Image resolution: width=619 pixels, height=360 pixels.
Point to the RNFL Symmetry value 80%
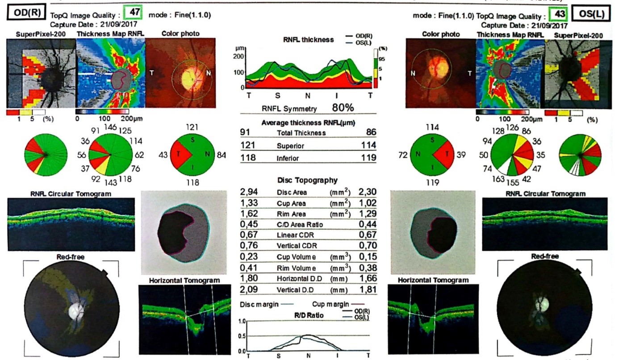coord(343,108)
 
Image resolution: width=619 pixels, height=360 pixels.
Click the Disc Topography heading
coord(307,180)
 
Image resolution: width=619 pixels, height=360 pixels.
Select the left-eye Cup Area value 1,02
coord(368,203)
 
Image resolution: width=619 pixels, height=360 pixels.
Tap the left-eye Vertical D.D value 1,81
coord(368,290)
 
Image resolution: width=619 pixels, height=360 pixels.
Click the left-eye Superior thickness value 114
coord(369,146)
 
